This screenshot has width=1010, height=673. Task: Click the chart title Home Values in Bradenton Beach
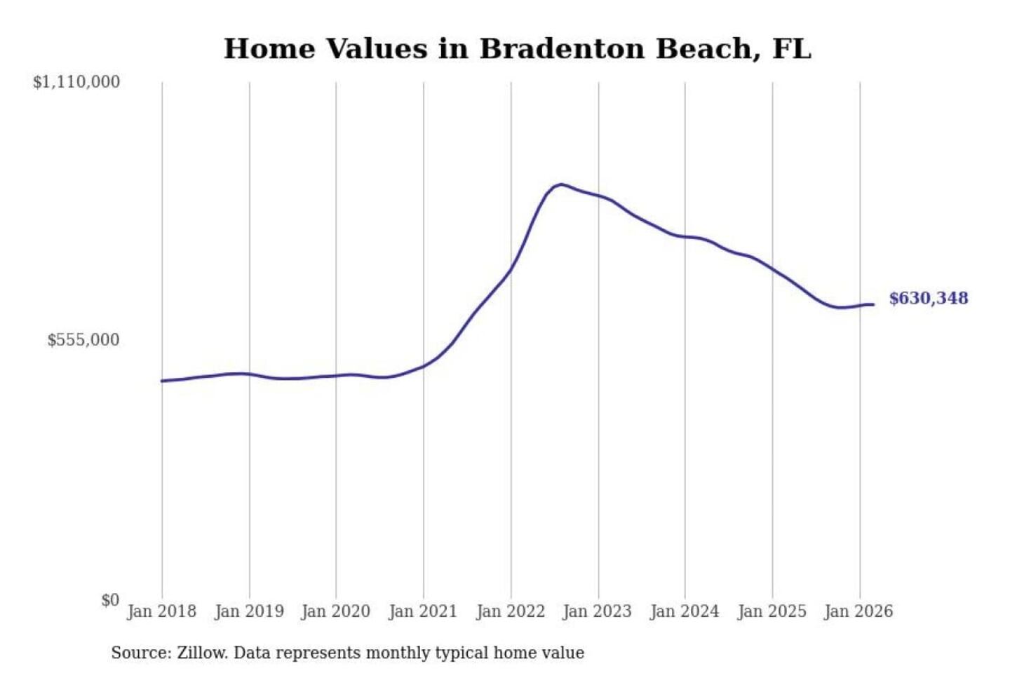[517, 49]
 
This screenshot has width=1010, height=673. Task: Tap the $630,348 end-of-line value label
[928, 298]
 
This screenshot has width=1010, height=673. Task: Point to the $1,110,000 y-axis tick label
[76, 82]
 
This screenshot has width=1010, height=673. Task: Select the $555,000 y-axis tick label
[83, 340]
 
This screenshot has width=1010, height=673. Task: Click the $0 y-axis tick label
[109, 600]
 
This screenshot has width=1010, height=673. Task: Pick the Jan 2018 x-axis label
[161, 611]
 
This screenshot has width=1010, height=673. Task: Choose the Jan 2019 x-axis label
[249, 611]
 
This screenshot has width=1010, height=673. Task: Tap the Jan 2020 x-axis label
[335, 611]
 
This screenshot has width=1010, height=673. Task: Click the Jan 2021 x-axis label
[423, 611]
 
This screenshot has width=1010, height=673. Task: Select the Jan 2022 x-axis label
[511, 611]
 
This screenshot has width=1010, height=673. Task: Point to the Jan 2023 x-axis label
[597, 611]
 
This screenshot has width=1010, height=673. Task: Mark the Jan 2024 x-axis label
[685, 611]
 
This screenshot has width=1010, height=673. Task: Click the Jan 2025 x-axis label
[772, 611]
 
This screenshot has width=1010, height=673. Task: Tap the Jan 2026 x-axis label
[858, 611]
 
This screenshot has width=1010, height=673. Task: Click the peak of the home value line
[560, 184]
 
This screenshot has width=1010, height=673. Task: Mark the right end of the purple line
[873, 304]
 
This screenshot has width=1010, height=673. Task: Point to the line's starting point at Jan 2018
[162, 381]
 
